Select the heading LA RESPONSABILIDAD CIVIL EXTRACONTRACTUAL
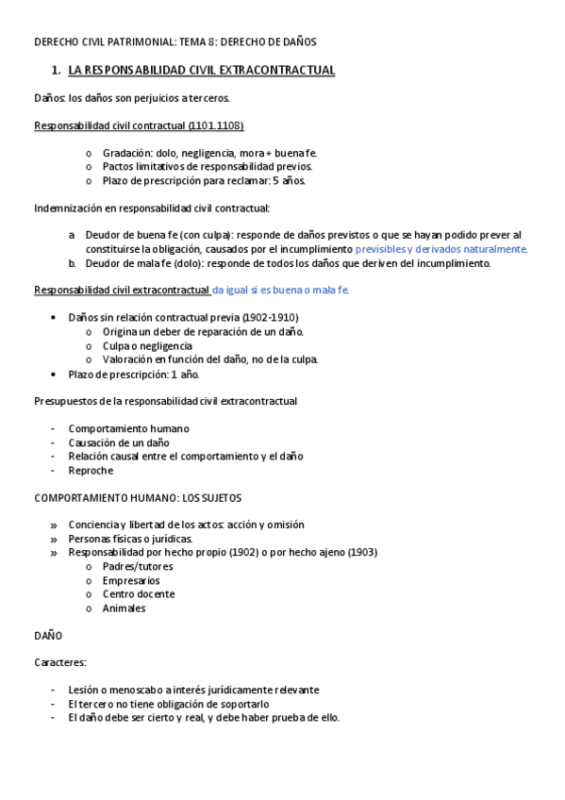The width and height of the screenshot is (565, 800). (202, 71)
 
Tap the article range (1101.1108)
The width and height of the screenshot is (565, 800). (216, 125)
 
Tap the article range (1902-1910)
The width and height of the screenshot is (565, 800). (274, 317)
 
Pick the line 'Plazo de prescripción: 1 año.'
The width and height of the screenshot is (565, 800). (134, 374)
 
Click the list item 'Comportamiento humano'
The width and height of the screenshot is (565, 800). (128, 428)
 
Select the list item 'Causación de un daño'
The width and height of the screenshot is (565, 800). (119, 442)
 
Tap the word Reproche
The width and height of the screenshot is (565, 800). (91, 470)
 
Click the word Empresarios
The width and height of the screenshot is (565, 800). (131, 580)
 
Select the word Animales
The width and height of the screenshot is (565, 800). (124, 608)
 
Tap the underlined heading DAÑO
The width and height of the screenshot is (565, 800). (48, 636)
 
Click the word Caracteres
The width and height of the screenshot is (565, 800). (59, 663)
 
